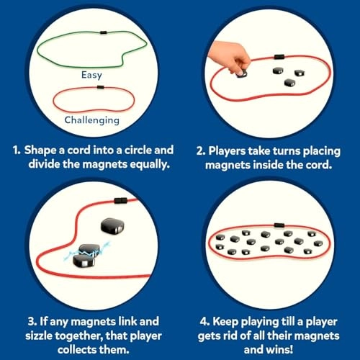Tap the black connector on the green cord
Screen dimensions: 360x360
104,34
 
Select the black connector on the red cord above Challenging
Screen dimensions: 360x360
99,87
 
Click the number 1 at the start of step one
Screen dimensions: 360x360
16,151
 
